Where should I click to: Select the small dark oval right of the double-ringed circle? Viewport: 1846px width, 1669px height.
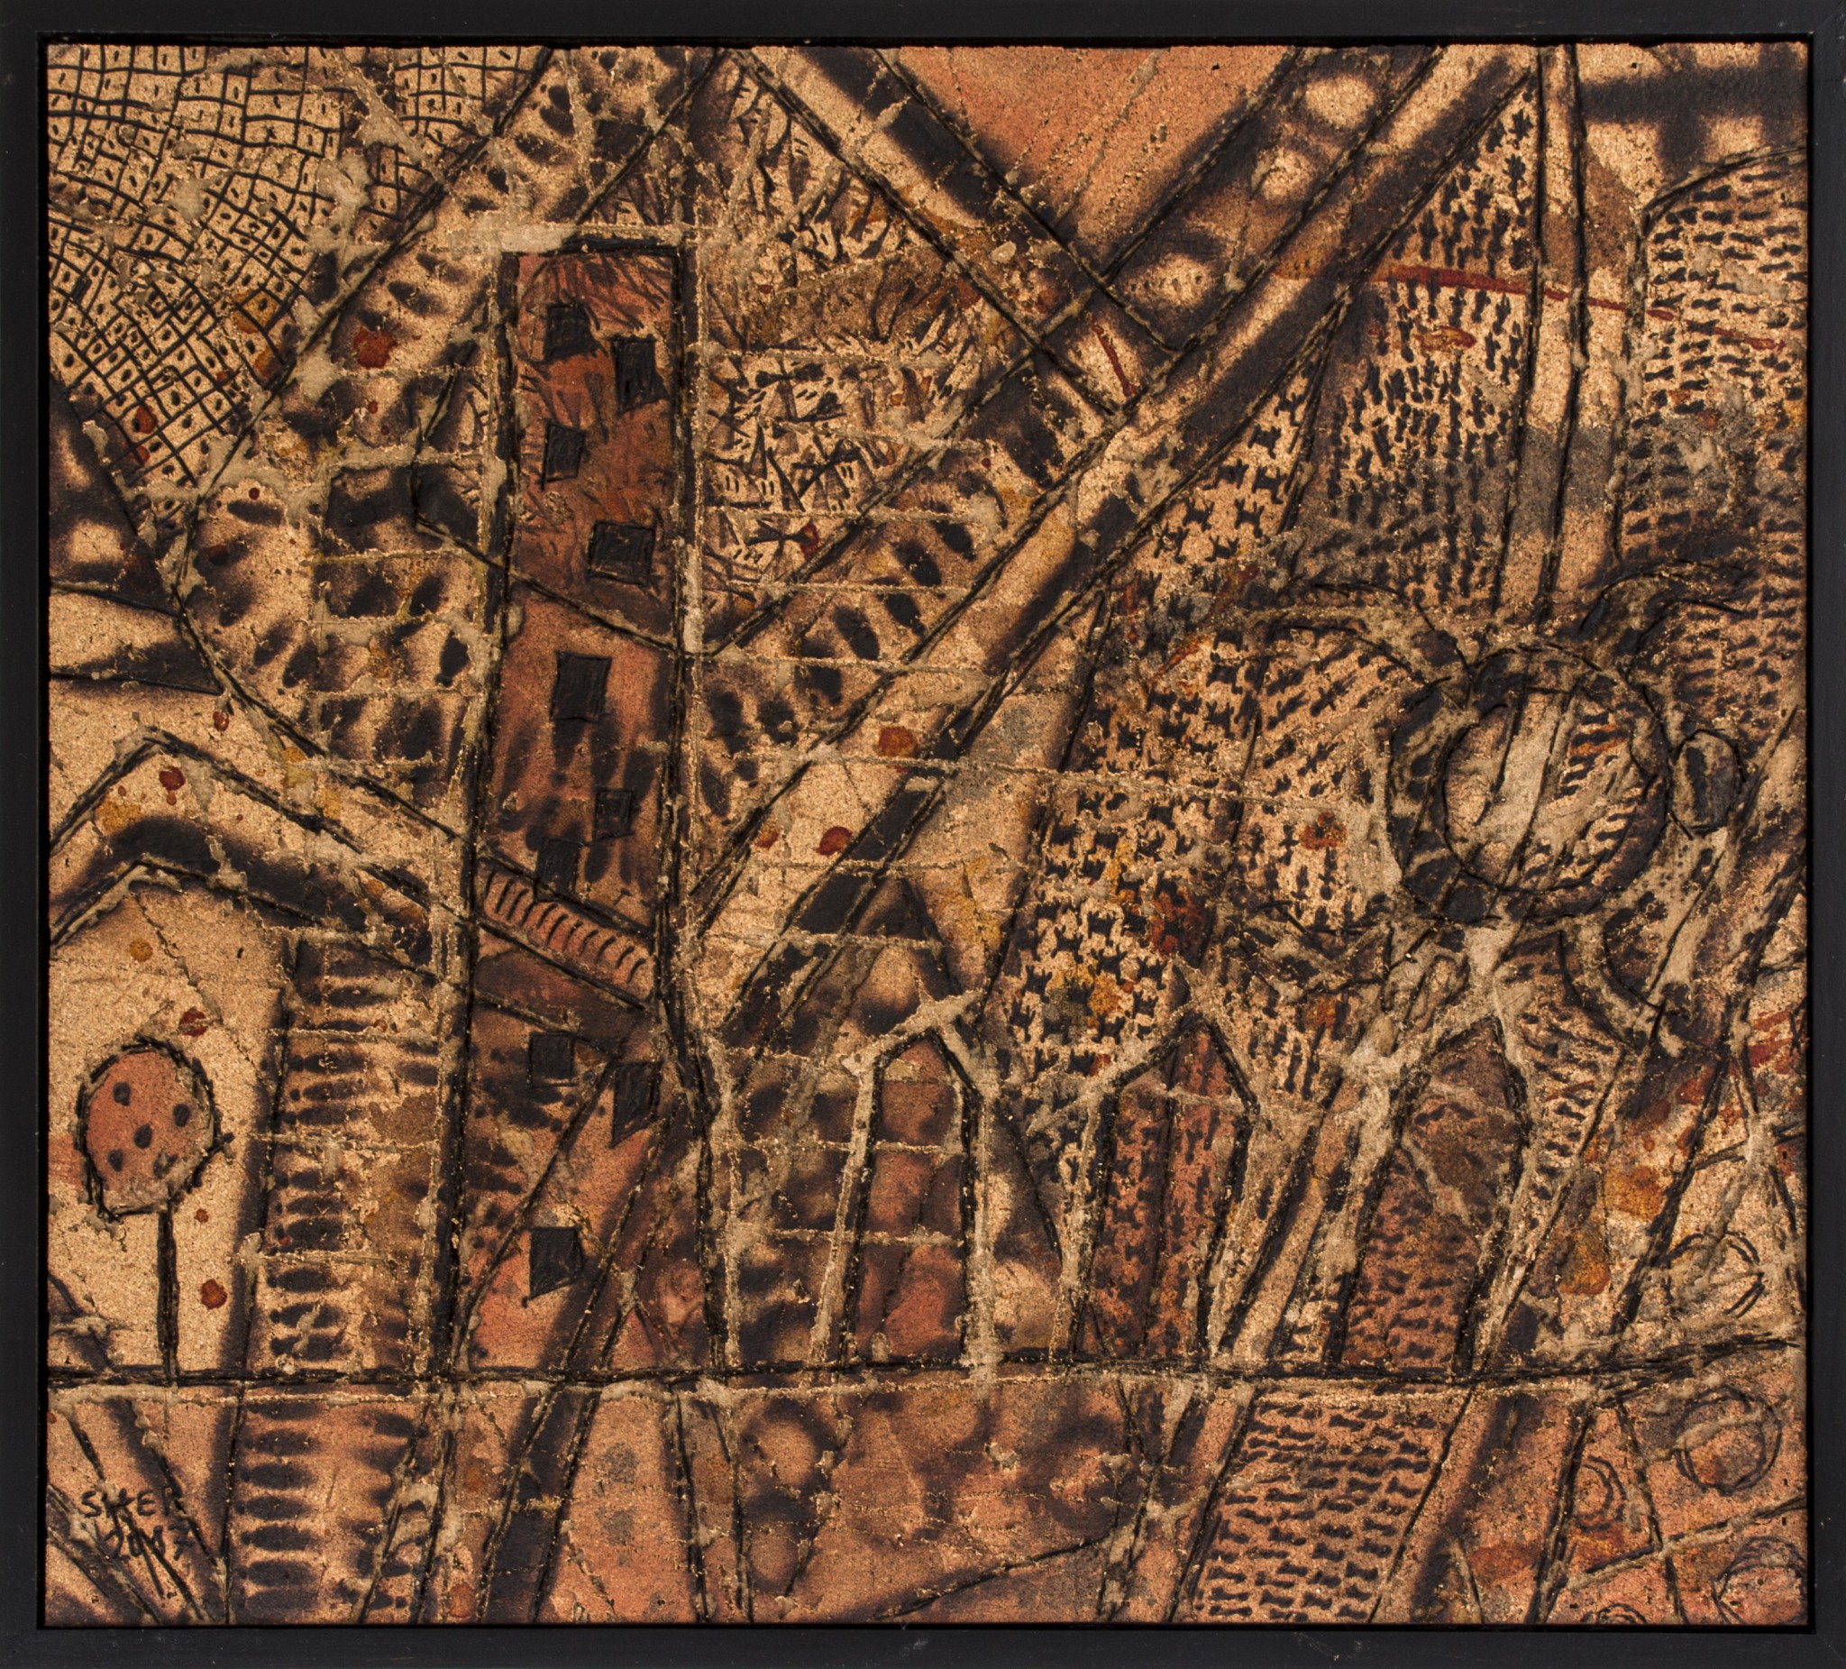point(1709,784)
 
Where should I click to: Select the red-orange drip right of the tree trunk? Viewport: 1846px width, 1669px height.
point(213,1292)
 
